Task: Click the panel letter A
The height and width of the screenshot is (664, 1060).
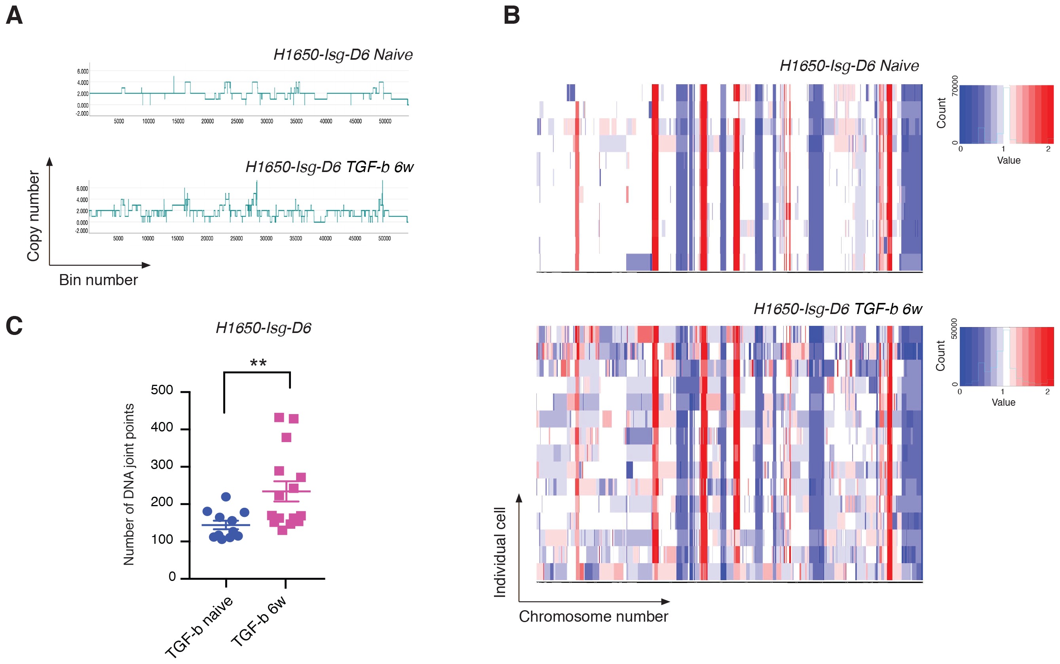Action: coord(14,16)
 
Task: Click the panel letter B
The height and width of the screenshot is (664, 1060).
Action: coord(511,16)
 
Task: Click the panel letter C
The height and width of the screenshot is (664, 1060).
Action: coord(14,326)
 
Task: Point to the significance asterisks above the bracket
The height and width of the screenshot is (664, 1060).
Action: coord(258,363)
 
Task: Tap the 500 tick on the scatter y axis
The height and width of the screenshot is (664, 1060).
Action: coord(162,390)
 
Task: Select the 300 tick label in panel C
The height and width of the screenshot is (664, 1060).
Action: coord(162,465)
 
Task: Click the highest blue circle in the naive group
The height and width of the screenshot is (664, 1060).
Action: coord(226,497)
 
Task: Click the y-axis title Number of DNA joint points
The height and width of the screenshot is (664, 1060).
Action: coord(128,484)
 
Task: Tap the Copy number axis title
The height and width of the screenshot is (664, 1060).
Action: coord(33,216)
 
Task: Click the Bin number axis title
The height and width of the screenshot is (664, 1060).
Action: coord(99,280)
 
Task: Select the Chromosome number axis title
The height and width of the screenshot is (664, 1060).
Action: coord(593,617)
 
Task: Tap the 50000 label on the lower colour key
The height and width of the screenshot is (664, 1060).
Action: coord(954,329)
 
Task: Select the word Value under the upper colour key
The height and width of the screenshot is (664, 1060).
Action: coord(1009,160)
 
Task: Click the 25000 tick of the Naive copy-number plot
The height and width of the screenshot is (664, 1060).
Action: coord(237,121)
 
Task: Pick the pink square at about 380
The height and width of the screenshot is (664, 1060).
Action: coord(286,437)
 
